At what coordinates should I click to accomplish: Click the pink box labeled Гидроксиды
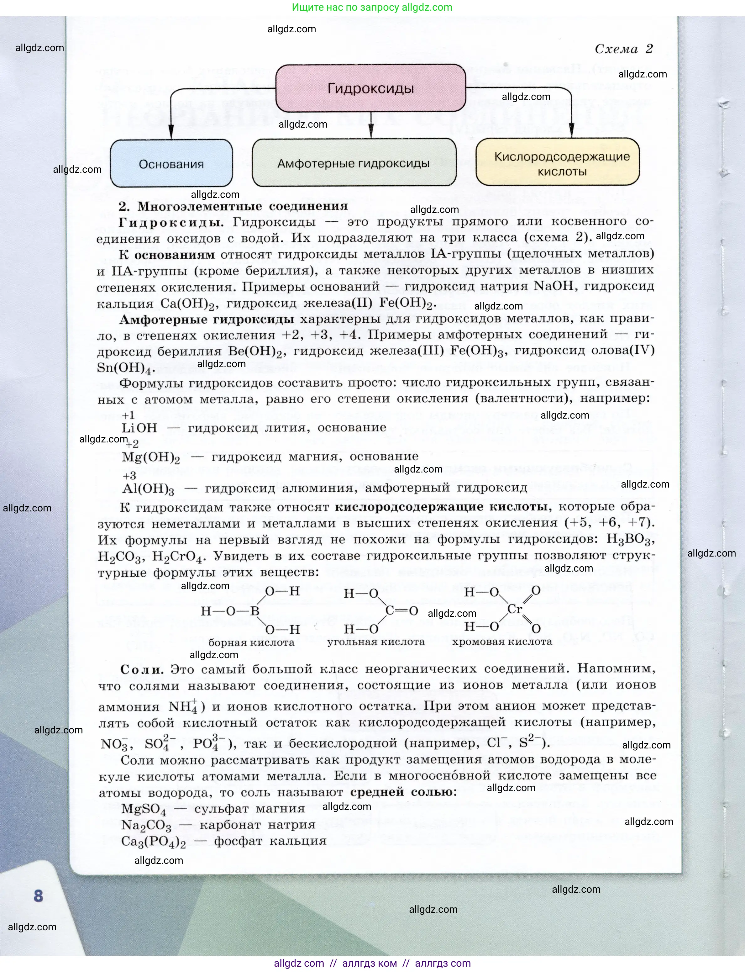coord(371,89)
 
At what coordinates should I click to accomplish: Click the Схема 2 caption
coord(623,49)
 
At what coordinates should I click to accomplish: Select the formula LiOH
coord(139,428)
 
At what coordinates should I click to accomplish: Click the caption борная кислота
coord(251,642)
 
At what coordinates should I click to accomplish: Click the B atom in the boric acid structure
coord(254,611)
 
